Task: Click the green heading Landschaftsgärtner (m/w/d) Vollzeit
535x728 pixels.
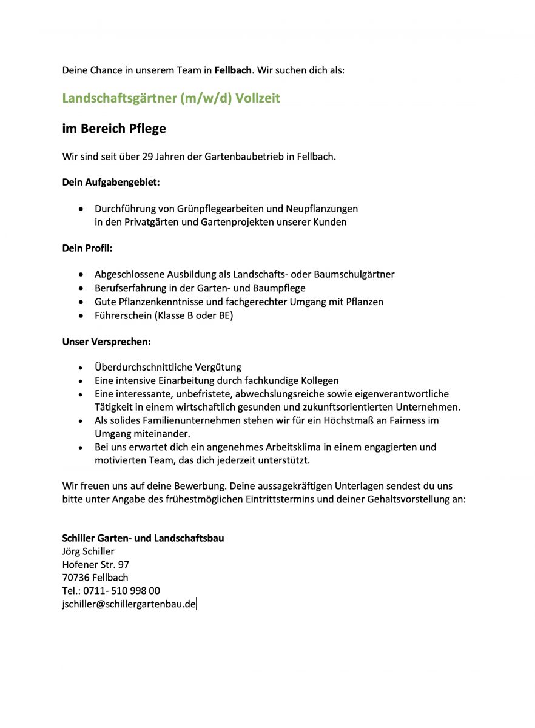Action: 171,98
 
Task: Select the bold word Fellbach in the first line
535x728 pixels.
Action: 233,70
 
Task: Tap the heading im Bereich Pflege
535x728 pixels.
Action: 114,129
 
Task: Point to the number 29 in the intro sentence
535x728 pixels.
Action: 147,157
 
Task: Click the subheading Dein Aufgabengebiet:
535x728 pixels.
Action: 111,181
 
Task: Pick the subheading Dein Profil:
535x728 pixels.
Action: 87,248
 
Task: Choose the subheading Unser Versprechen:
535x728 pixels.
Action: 106,342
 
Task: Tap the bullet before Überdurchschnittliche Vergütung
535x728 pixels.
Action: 81,368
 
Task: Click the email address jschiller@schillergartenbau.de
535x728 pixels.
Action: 129,604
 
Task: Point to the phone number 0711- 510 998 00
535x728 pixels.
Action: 121,591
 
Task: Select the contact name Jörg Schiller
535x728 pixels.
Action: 88,551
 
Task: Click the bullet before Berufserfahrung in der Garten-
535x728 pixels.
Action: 81,288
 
